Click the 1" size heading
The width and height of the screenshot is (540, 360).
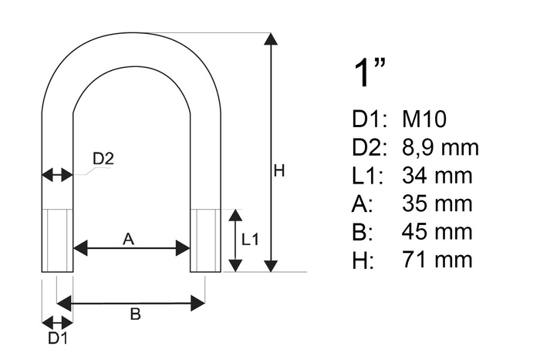coord(369,74)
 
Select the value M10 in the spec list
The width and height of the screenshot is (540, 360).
coord(424,119)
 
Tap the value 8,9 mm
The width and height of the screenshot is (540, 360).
coord(440,147)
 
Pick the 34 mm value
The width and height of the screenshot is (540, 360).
coord(437,176)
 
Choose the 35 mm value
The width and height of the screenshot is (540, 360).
coord(437,204)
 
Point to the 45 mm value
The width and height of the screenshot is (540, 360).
coord(437,231)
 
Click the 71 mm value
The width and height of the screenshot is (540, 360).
coord(437,259)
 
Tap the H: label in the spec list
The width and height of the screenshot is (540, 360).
coord(362,259)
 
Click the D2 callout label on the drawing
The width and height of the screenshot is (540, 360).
coord(103,159)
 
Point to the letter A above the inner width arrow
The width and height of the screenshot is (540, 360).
coord(129,239)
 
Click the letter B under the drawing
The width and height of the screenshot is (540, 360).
coord(134,314)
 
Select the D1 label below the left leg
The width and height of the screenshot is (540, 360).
coord(57,338)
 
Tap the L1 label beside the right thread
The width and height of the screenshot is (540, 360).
coord(251,240)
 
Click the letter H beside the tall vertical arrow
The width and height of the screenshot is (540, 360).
coord(279,171)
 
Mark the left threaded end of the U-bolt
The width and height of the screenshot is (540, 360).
coord(57,240)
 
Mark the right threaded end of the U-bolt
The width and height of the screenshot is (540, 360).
coord(206,240)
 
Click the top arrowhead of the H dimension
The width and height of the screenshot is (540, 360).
coord(270,39)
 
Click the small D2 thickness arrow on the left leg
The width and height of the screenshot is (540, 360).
coord(57,175)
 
